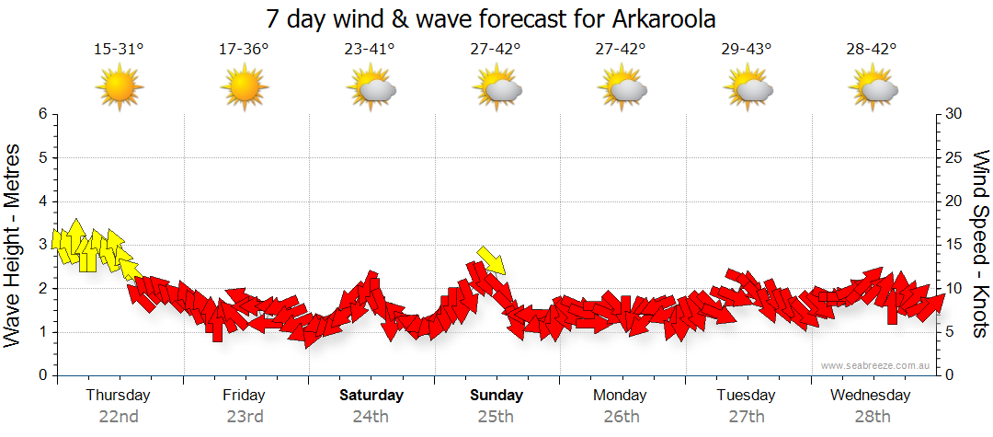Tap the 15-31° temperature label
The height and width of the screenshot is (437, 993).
click(x=119, y=49)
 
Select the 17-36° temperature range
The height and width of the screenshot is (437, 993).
click(x=244, y=49)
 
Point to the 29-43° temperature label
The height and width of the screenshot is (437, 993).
click(x=747, y=49)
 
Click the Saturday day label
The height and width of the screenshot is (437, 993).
click(x=371, y=396)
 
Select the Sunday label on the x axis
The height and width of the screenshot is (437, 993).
click(x=496, y=396)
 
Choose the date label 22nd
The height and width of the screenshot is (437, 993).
click(x=119, y=416)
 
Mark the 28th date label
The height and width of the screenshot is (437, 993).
click(x=872, y=416)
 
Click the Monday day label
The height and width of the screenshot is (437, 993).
click(x=622, y=396)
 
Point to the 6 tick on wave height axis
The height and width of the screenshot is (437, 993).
click(x=42, y=114)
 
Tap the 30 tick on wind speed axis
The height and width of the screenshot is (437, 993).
click(x=954, y=114)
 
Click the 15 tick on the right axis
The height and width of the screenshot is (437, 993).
click(x=954, y=245)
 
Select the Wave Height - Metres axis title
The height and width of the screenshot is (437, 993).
click(x=14, y=245)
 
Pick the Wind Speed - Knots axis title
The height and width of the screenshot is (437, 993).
click(x=981, y=245)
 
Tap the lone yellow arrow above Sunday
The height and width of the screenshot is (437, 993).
click(x=492, y=260)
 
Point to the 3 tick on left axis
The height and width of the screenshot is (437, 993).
click(x=42, y=245)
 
